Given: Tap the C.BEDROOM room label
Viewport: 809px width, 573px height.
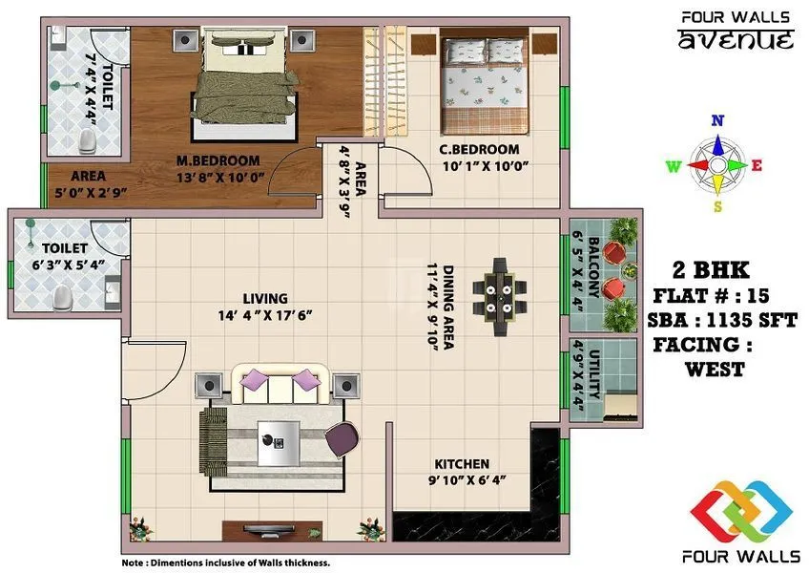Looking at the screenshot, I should [x=479, y=149].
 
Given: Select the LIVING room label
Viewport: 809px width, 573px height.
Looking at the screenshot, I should [x=264, y=298].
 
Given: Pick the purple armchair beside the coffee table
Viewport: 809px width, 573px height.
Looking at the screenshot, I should [x=343, y=439].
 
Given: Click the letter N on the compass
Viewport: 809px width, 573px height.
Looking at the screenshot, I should [x=718, y=120].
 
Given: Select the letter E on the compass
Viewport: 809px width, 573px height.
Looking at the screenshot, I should [x=757, y=165].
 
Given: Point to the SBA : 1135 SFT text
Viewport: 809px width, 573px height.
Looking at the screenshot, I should [x=721, y=320].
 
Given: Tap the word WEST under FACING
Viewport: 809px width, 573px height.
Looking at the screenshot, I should [x=714, y=370].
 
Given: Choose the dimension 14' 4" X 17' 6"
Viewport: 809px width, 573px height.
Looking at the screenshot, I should [x=264, y=315].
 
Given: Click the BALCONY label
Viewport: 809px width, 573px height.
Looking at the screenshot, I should [x=593, y=269].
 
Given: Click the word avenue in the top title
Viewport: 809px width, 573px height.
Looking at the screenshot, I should [x=735, y=40].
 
